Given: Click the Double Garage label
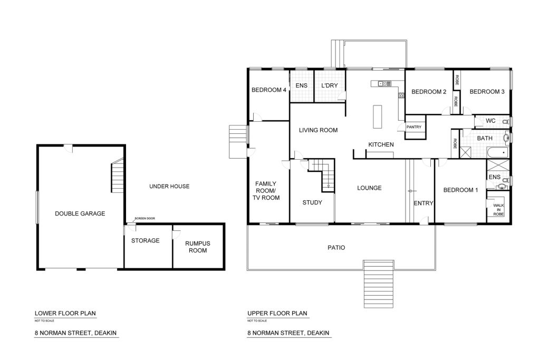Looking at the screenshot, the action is (x=80, y=213).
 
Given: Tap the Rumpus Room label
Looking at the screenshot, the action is (x=198, y=247).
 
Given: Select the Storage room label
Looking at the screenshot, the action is (x=146, y=240).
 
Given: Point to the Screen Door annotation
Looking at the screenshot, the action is (x=145, y=219).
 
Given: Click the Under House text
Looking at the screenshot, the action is (x=169, y=186).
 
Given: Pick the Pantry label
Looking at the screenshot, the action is (x=414, y=127).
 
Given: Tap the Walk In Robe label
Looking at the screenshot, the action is (x=498, y=210).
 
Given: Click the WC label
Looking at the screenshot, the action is (x=491, y=121).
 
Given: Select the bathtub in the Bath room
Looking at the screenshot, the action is (x=498, y=152).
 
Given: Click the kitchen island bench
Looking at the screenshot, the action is (x=378, y=116).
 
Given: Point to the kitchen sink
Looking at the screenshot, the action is (x=384, y=83).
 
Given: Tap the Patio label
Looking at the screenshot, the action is (x=336, y=247).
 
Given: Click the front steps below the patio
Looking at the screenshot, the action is (x=379, y=284).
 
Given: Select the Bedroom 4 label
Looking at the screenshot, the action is (x=269, y=90).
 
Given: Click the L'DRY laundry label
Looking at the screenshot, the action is (x=330, y=85).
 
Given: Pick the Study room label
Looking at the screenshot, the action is (x=312, y=202).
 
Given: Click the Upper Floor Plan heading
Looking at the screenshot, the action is (x=277, y=313).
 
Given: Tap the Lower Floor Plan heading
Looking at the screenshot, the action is (x=65, y=313).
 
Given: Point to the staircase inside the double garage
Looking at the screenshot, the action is (x=117, y=176).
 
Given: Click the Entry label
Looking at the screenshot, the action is (x=423, y=203).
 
